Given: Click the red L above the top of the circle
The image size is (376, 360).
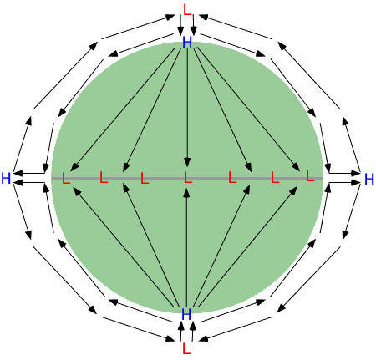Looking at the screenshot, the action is pyautogui.click(x=187, y=10).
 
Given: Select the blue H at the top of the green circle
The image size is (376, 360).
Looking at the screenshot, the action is pyautogui.click(x=187, y=43).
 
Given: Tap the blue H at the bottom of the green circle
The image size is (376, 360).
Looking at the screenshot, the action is pyautogui.click(x=186, y=314).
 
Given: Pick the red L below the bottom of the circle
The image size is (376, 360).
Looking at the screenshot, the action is pyautogui.click(x=186, y=348).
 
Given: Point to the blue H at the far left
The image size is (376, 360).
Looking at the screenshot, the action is pyautogui.click(x=6, y=178).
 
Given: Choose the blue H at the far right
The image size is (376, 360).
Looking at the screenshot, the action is pyautogui.click(x=369, y=179).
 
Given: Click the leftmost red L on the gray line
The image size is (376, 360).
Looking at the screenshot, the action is pyautogui.click(x=66, y=178).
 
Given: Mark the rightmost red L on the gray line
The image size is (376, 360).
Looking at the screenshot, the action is pyautogui.click(x=310, y=175).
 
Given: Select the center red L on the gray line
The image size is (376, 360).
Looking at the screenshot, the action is pyautogui.click(x=188, y=177).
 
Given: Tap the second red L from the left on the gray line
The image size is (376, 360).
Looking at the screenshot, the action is pyautogui.click(x=104, y=177).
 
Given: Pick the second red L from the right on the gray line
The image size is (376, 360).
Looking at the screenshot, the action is pyautogui.click(x=275, y=177).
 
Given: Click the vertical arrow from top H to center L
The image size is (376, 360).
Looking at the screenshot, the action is pyautogui.click(x=187, y=108).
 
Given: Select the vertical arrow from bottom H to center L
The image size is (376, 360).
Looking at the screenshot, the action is pyautogui.click(x=187, y=248).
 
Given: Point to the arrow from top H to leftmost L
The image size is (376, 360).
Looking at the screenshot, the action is pyautogui.click(x=123, y=109).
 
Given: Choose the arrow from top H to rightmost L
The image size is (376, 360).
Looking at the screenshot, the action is pyautogui.click(x=248, y=109).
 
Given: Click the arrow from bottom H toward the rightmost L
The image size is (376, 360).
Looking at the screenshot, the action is pyautogui.click(x=247, y=246).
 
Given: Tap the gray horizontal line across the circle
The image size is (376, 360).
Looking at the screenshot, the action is pyautogui.click(x=187, y=178).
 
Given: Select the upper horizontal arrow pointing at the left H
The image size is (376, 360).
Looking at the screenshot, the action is pyautogui.click(x=28, y=174).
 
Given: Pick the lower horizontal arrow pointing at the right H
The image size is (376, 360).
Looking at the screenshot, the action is pyautogui.click(x=345, y=183).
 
